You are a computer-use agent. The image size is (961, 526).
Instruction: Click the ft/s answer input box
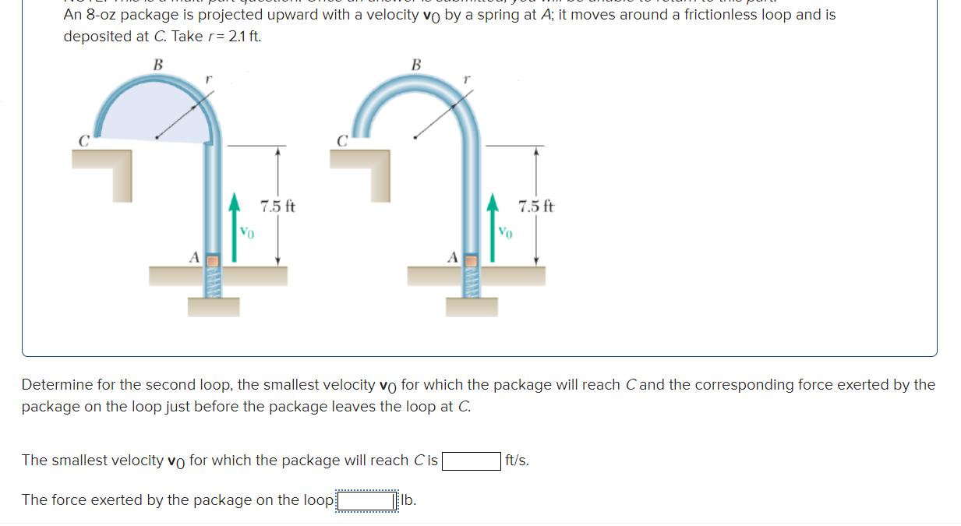click(x=472, y=461)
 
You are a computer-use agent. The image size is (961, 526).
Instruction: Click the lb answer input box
click(x=366, y=500)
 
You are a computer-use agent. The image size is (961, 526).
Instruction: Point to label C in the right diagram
click(x=341, y=141)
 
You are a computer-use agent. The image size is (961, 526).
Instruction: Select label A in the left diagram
click(x=195, y=256)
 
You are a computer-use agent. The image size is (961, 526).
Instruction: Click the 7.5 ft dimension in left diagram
click(x=278, y=207)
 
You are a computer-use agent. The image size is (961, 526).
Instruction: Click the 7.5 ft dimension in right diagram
click(x=536, y=207)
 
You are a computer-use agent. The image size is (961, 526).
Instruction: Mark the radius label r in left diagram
click(x=207, y=79)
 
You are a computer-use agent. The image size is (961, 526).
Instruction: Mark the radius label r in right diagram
click(x=465, y=79)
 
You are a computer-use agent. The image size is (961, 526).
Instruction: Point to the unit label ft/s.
click(x=517, y=461)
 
